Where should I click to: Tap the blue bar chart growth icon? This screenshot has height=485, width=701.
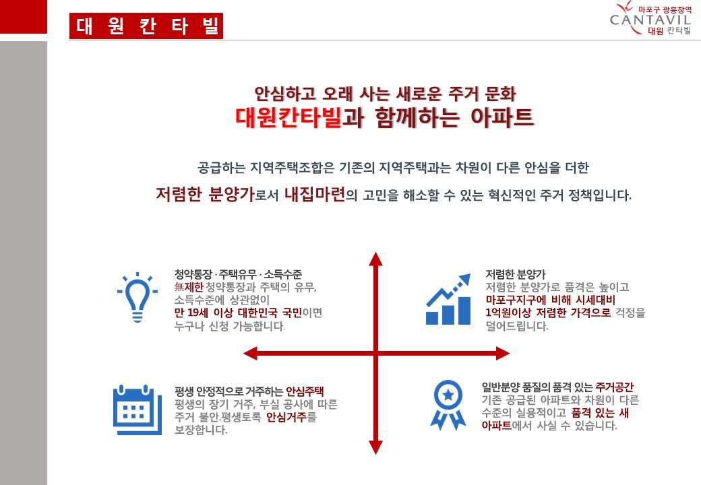click(448, 299)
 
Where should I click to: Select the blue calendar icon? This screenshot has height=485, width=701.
click(138, 410)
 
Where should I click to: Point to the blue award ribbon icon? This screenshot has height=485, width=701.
click(448, 405)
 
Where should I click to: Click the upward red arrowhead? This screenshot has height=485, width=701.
click(376, 259)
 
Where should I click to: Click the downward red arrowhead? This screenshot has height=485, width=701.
click(376, 447)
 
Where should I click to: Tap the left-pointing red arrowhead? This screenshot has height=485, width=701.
click(251, 354)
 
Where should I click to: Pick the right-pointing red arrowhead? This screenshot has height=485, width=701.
click(503, 354)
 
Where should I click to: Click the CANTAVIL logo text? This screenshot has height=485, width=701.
click(650, 20)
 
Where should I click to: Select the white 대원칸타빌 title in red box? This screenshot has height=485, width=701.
click(147, 26)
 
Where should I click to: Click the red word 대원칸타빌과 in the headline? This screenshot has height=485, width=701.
click(299, 117)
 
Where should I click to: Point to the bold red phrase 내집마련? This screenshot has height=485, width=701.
click(315, 194)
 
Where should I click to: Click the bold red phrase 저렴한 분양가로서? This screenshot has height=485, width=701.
click(217, 194)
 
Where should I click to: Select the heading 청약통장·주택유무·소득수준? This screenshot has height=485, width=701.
click(239, 273)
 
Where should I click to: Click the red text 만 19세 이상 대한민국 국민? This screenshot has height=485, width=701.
click(239, 313)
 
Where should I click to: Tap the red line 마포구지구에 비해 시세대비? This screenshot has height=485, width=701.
click(550, 300)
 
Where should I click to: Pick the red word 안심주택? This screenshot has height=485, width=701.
click(305, 391)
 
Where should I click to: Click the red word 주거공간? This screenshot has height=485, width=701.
click(615, 387)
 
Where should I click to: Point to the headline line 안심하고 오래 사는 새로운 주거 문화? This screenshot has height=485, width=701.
click(385, 94)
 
